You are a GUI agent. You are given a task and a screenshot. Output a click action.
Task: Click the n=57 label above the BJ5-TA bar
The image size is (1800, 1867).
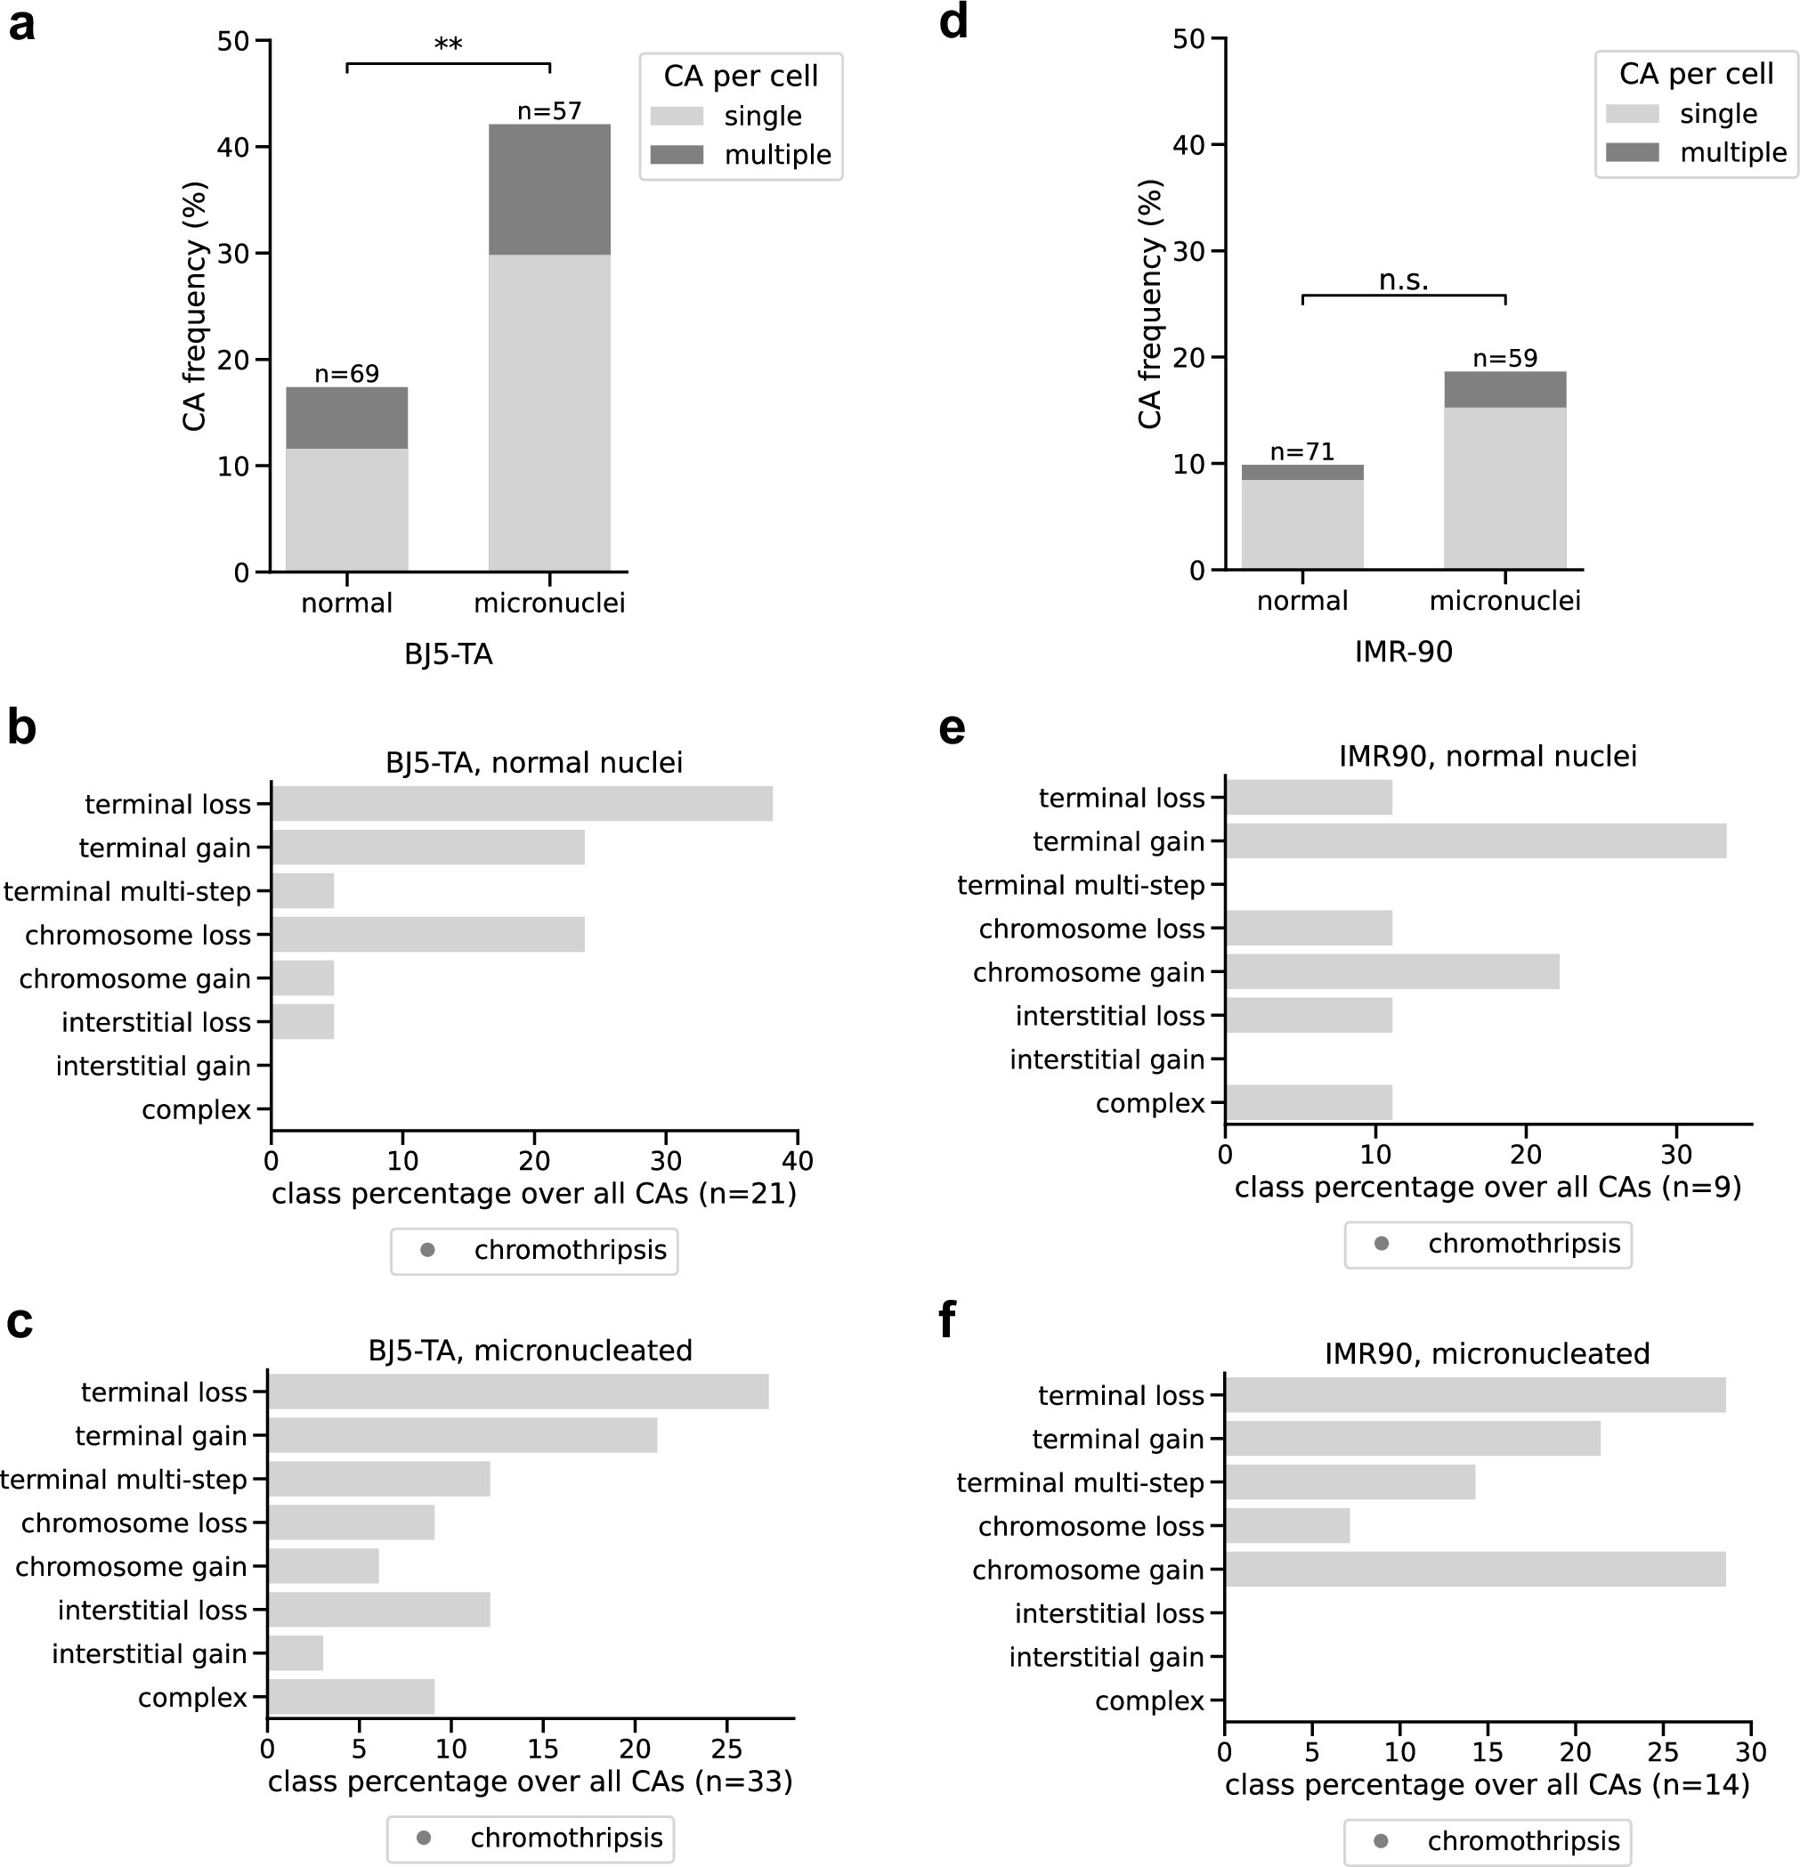click(548, 111)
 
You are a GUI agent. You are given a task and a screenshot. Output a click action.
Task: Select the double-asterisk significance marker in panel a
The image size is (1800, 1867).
click(448, 45)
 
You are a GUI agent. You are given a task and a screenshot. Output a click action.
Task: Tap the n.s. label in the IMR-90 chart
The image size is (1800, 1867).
click(1403, 280)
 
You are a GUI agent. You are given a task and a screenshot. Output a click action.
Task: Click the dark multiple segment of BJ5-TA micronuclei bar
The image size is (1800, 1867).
click(549, 190)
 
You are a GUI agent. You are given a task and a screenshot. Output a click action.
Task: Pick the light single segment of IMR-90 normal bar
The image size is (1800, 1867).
click(1301, 524)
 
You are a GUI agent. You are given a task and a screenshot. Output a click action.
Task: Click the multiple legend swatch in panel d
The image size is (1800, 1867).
click(1632, 152)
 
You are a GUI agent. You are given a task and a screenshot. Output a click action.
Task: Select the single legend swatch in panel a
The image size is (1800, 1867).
click(677, 117)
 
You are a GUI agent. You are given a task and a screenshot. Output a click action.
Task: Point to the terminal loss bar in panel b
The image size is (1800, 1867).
click(522, 804)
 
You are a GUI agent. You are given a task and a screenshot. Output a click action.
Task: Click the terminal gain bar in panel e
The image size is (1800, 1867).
click(1475, 841)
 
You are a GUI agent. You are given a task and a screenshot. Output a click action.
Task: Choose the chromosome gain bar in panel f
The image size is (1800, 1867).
click(1474, 1569)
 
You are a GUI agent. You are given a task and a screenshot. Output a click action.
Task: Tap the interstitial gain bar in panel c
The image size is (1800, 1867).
click(296, 1652)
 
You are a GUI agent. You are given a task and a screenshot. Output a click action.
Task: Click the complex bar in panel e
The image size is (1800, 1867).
click(1309, 1102)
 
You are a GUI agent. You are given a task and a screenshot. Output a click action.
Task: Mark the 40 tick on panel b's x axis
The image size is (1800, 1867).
click(797, 1160)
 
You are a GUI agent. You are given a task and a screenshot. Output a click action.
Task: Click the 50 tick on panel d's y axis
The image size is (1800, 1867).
click(1190, 39)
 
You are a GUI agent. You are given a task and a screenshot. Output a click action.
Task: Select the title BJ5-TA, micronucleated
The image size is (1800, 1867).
click(531, 1350)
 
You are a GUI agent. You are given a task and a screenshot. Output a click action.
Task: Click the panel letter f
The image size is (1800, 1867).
click(947, 1321)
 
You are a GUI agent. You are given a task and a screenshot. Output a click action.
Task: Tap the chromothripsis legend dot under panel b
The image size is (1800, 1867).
click(427, 1250)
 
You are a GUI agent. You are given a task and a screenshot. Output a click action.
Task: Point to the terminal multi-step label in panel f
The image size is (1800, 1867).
click(1080, 1482)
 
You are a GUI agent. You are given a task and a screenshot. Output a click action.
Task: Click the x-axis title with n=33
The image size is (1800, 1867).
click(531, 1781)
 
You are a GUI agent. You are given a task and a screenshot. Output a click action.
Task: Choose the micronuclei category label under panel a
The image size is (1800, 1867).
click(548, 603)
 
